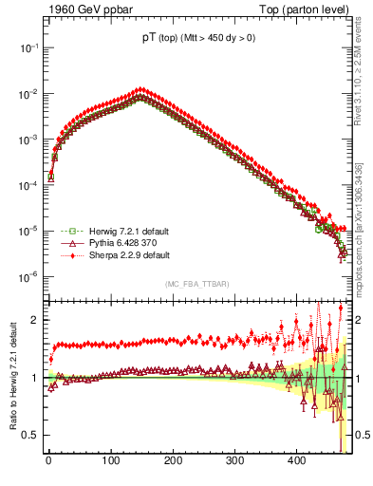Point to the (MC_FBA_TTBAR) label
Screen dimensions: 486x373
[195, 285]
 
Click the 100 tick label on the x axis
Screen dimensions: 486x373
[110, 460]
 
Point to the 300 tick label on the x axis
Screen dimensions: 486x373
[234, 460]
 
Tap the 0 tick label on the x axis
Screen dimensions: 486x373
[47, 460]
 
